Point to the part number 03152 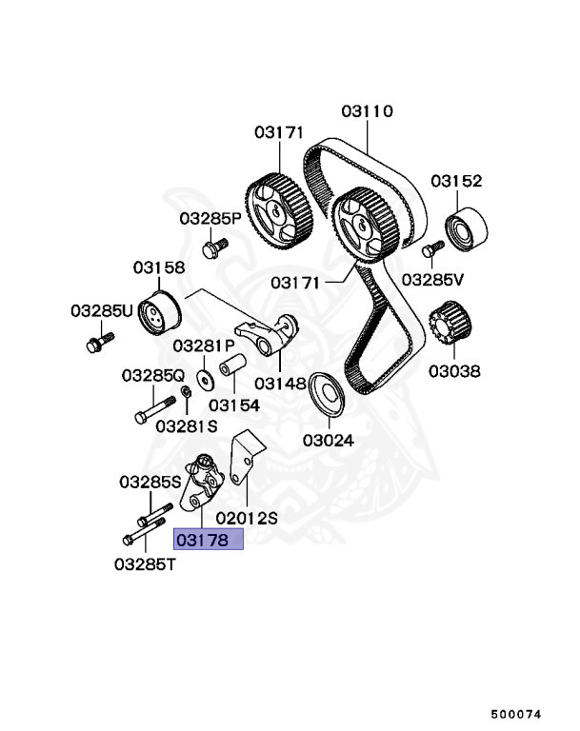click(456, 181)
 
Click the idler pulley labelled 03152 click(467, 229)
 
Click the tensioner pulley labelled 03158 click(158, 313)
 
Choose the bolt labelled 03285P click(215, 248)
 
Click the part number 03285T click(146, 563)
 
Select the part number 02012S click(247, 518)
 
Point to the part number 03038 click(455, 370)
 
